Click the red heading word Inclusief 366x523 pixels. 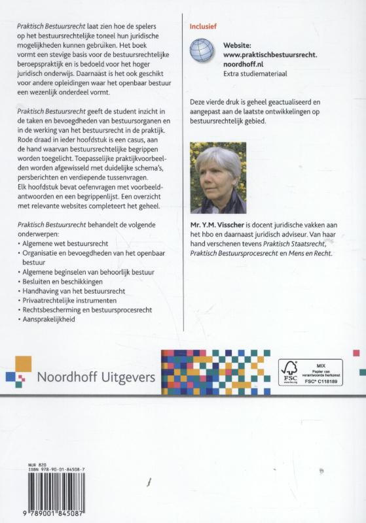coord(202,27)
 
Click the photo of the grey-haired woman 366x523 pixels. coord(218,178)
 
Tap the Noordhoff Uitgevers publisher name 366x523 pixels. coord(96,377)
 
